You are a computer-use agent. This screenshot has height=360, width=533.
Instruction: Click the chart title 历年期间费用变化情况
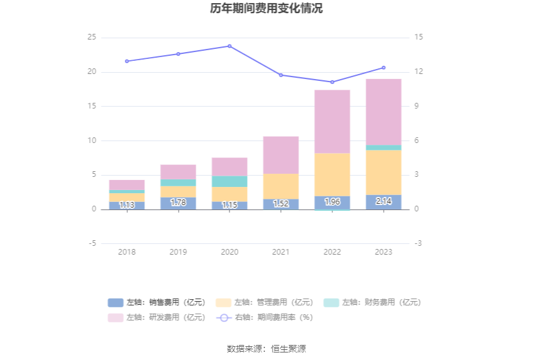(266, 9)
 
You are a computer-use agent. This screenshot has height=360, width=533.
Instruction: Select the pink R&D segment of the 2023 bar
(383, 112)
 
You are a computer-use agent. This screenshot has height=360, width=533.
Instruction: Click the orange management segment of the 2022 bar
(332, 174)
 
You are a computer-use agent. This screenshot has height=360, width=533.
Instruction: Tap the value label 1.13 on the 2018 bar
(127, 204)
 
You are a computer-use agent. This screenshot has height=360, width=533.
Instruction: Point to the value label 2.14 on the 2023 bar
(383, 201)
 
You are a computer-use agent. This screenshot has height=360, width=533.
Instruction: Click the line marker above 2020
(230, 46)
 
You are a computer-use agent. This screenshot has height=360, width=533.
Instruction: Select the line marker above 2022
(332, 82)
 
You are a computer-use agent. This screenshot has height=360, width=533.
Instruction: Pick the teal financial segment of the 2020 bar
(230, 181)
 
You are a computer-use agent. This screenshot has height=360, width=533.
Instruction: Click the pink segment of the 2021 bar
(280, 155)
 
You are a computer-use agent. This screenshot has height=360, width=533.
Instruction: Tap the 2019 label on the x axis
(178, 251)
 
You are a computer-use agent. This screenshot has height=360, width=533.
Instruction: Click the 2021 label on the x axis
(280, 251)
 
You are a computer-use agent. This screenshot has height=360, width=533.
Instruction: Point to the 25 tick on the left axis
(92, 38)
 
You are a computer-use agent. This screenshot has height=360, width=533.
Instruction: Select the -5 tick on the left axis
(92, 243)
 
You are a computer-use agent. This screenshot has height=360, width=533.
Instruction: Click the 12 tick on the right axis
(418, 72)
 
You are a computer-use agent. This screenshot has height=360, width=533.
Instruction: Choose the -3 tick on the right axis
(418, 243)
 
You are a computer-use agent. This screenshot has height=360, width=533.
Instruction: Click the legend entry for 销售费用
(157, 302)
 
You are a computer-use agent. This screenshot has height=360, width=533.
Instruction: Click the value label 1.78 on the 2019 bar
(178, 203)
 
